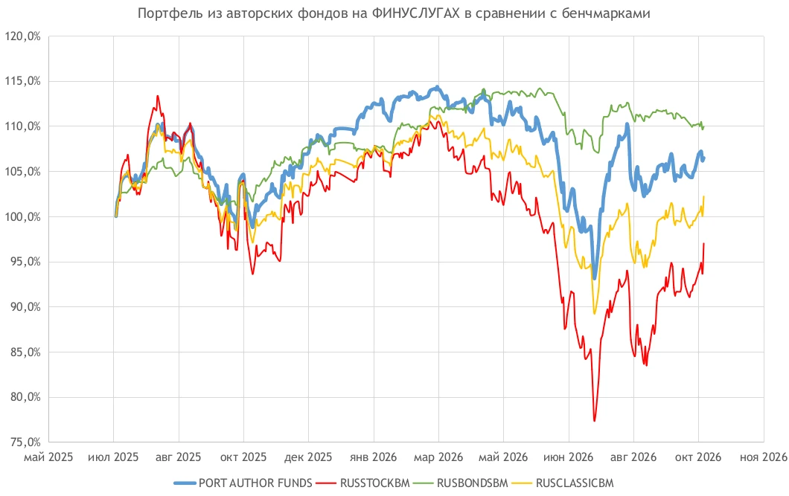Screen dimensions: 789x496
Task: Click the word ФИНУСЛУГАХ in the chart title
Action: tap(415, 13)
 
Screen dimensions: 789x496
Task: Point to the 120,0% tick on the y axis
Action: tap(22, 36)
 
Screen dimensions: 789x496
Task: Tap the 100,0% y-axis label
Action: tap(22, 217)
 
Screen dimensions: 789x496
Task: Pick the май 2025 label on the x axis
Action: tap(48, 457)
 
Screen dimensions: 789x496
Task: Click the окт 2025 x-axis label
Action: tap(243, 457)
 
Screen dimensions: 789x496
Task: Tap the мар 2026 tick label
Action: tap(438, 457)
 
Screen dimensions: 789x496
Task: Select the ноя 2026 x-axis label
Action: tap(764, 457)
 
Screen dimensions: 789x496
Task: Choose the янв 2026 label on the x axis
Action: tap(374, 457)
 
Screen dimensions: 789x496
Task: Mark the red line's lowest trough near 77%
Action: tap(594, 421)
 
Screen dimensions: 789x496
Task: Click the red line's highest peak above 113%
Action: tap(158, 96)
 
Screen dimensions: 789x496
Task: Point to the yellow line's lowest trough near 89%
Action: tap(594, 314)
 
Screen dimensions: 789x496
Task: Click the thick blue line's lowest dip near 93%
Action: tap(594, 278)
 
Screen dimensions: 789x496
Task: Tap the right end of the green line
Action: tap(704, 126)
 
